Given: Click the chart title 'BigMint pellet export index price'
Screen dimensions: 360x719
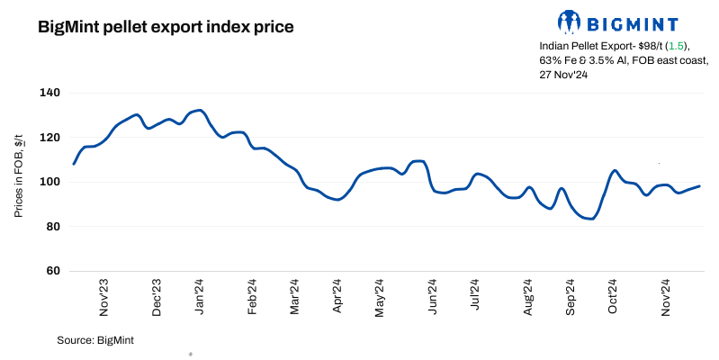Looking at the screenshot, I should [x=166, y=27].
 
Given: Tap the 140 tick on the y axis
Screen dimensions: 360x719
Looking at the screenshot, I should [x=49, y=93].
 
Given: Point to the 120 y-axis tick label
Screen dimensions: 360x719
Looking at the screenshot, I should [x=49, y=138].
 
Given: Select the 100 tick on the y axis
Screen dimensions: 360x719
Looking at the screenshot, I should [x=49, y=182].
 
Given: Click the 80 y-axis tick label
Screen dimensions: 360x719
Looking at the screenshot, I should [x=52, y=227].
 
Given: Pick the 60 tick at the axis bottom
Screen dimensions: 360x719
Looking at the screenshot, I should [x=52, y=271].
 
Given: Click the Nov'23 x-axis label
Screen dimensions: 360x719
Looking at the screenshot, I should [x=104, y=297].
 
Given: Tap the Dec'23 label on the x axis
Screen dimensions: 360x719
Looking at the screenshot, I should [x=157, y=297].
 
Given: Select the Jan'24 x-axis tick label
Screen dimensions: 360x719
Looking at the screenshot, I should [x=200, y=297].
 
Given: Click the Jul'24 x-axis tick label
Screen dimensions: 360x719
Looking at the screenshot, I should [x=476, y=297].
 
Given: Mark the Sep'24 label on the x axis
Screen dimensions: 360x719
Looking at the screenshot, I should [x=570, y=297].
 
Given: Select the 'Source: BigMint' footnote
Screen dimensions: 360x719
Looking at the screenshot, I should [x=95, y=340].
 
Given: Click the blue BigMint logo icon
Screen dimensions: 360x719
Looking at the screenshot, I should [x=570, y=21].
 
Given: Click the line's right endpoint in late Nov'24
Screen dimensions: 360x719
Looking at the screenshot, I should [x=699, y=186].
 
